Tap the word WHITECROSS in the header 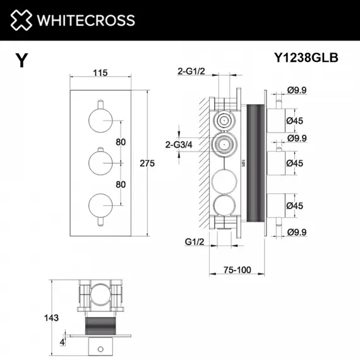point(87,20)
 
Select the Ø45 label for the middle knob point(297,162)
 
